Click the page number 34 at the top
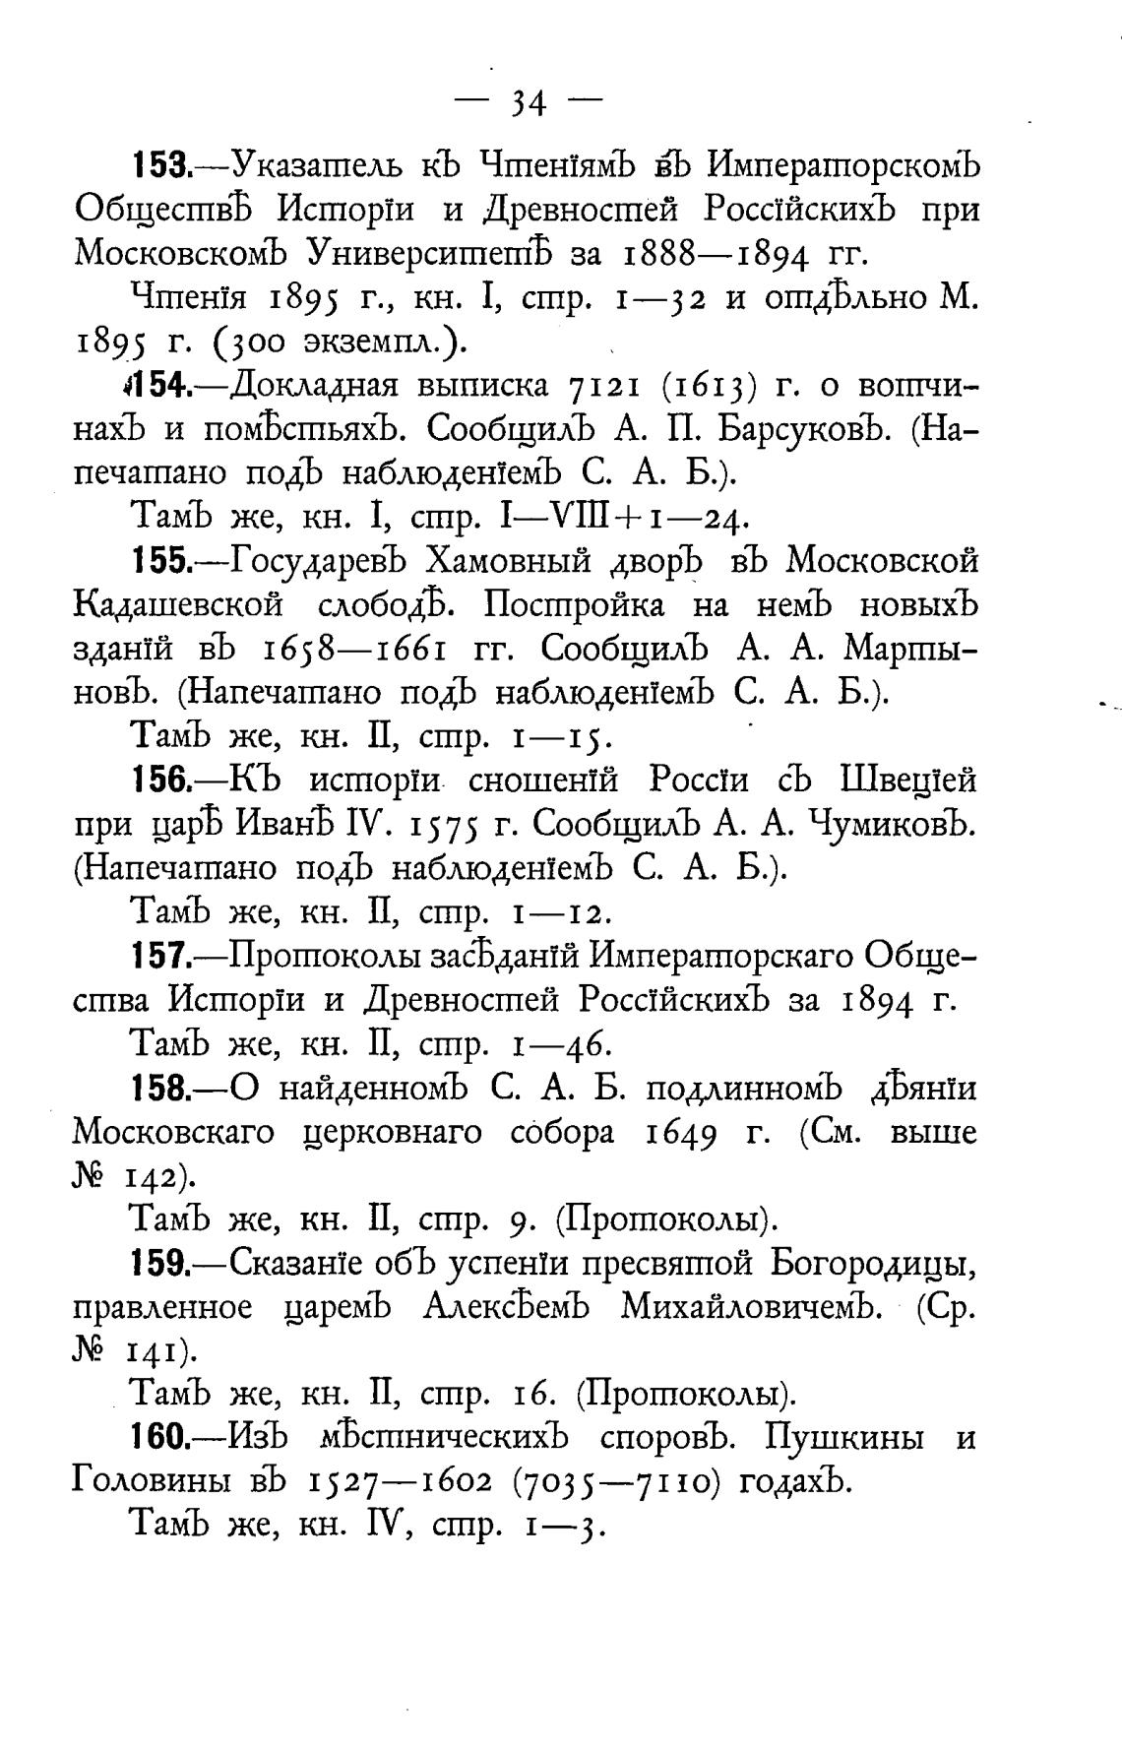pos(529,102)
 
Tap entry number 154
pos(161,385)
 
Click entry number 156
pos(161,781)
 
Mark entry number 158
pos(161,1089)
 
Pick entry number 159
pos(161,1264)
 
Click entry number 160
pos(161,1439)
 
